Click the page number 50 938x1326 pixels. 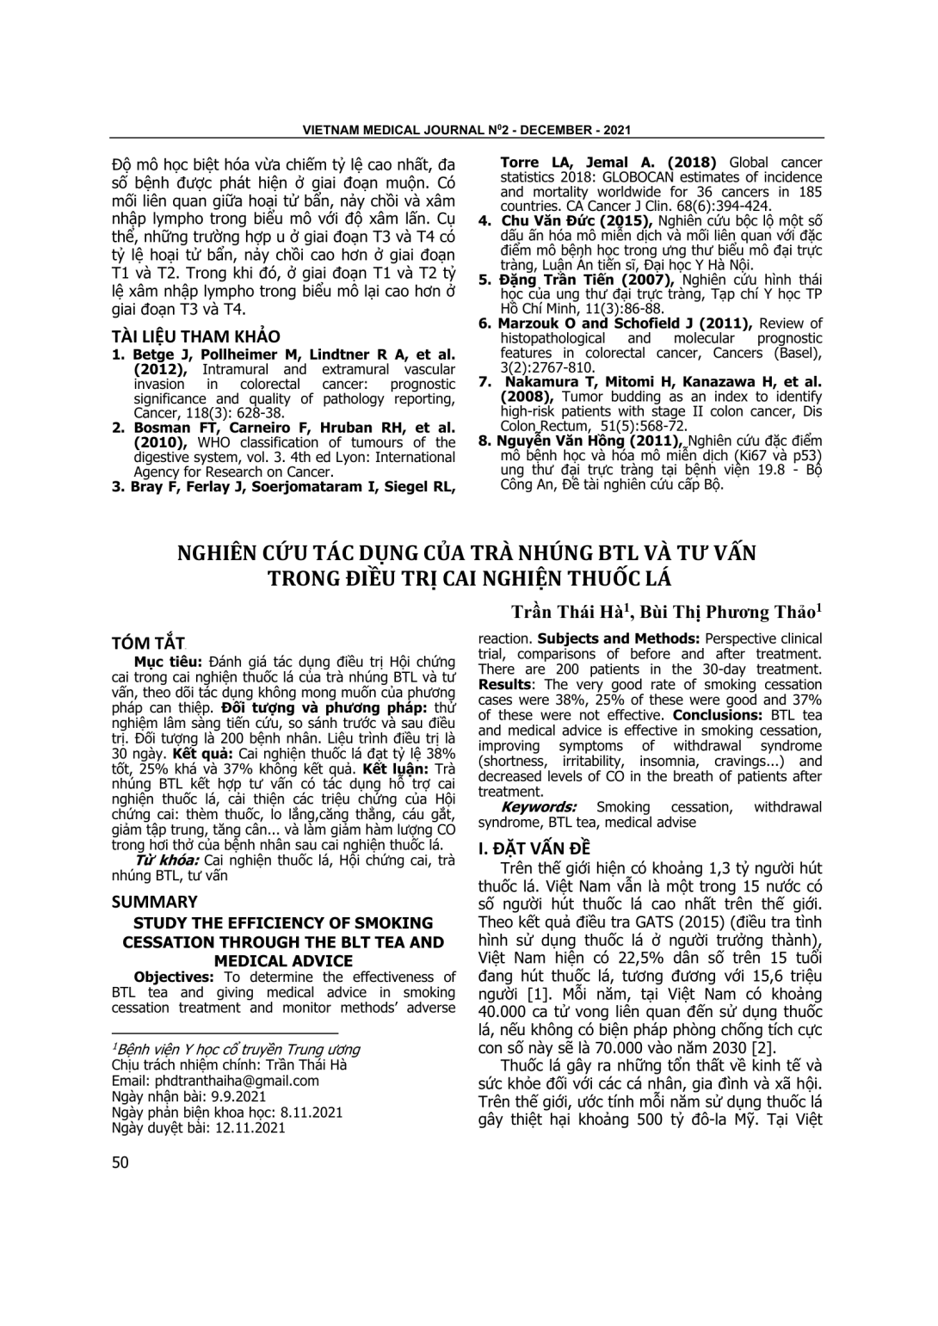120,1163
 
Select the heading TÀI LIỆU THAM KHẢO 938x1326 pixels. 196,336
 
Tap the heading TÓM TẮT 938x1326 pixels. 149,644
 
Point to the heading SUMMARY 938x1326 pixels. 155,902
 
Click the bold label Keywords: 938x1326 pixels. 539,807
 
